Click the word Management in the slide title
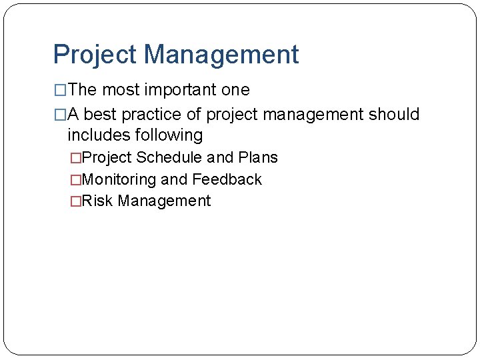click(221, 55)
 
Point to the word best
click(101, 115)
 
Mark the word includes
click(99, 135)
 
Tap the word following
click(169, 135)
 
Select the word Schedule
click(169, 158)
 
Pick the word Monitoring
click(119, 179)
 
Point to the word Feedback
click(227, 179)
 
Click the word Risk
click(98, 201)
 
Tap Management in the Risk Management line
click(164, 201)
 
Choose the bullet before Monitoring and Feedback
click(75, 180)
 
